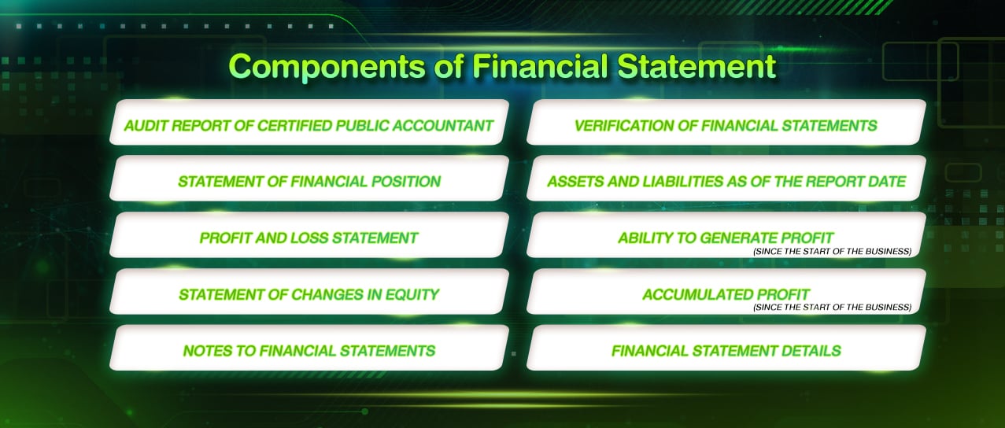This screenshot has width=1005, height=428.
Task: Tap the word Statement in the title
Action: coord(696,66)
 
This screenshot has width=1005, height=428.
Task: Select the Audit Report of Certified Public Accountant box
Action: coord(309,122)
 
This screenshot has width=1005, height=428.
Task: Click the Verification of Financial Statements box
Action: coord(726,122)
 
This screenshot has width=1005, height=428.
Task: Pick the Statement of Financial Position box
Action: coord(309,178)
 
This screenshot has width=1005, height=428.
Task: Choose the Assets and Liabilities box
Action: coord(726,178)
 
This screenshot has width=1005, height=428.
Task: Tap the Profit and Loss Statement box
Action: coord(309,234)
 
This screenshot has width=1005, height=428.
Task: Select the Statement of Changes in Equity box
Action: coord(309,291)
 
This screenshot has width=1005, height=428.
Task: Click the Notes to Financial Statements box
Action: coord(309,348)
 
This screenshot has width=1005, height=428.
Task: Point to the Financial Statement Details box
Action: coord(726,348)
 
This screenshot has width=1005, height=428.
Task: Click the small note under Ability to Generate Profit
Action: coord(833,252)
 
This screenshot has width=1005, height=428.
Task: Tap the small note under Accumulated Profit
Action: coord(833,308)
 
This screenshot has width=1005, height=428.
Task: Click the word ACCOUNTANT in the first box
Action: coord(443,126)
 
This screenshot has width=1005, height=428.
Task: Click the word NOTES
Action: coord(207,350)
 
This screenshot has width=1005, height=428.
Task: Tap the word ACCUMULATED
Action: coord(697,294)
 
